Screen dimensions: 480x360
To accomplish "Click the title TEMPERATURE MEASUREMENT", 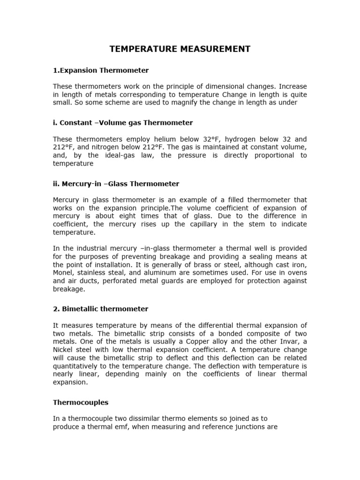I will [x=180, y=49].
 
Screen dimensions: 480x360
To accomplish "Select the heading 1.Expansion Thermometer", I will [x=101, y=70].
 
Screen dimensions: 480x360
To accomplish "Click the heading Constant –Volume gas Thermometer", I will [x=123, y=123].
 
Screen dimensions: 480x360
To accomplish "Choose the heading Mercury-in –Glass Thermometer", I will [x=116, y=184].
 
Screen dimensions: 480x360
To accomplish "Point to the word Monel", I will [x=63, y=273].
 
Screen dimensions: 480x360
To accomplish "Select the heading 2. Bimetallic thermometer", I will [x=100, y=309].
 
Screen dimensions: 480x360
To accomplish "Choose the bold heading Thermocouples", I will [x=81, y=402].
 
